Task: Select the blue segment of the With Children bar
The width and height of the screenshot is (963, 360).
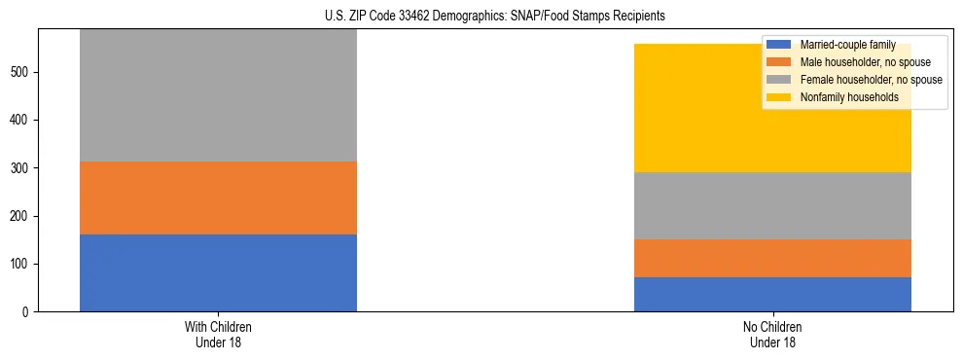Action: tap(218, 272)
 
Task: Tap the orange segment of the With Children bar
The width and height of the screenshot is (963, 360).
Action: tap(218, 198)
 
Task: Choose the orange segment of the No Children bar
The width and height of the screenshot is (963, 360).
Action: tap(772, 258)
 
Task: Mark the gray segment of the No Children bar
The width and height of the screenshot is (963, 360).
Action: tap(772, 205)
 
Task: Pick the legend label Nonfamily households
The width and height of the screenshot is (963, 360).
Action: tap(842, 97)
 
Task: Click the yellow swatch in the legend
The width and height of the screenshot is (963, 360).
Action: tap(779, 97)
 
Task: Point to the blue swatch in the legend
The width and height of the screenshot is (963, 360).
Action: tap(779, 45)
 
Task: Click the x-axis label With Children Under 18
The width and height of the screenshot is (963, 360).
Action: tap(218, 334)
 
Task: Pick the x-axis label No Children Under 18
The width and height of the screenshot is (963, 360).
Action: tap(772, 334)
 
